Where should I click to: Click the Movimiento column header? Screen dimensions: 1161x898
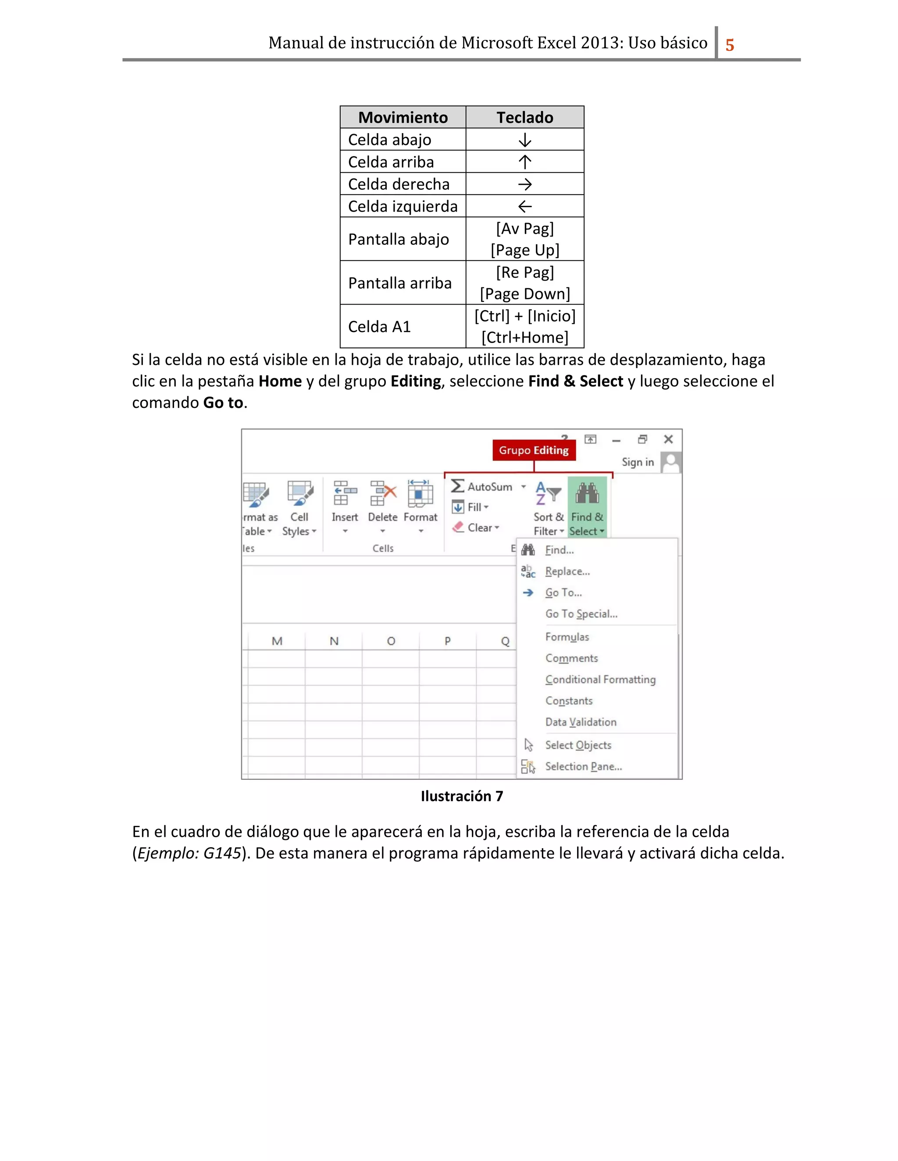[403, 117]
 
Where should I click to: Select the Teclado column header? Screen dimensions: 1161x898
[524, 117]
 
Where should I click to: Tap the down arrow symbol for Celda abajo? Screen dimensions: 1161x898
[524, 140]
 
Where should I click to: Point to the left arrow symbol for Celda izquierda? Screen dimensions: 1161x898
[524, 206]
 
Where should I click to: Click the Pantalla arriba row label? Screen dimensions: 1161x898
[399, 283]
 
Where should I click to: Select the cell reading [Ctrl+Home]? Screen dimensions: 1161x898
[524, 337]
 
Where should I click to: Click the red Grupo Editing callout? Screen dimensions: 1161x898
[533, 450]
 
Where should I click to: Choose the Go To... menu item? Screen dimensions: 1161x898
[563, 593]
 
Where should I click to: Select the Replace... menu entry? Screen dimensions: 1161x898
[567, 571]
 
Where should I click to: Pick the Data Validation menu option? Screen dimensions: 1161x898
[581, 722]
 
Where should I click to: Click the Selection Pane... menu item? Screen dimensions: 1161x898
[583, 767]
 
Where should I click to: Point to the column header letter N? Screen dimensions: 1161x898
[334, 641]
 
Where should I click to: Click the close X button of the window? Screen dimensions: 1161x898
[668, 439]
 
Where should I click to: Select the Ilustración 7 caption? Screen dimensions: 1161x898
[461, 796]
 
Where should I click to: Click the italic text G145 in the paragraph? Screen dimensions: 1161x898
[222, 853]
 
